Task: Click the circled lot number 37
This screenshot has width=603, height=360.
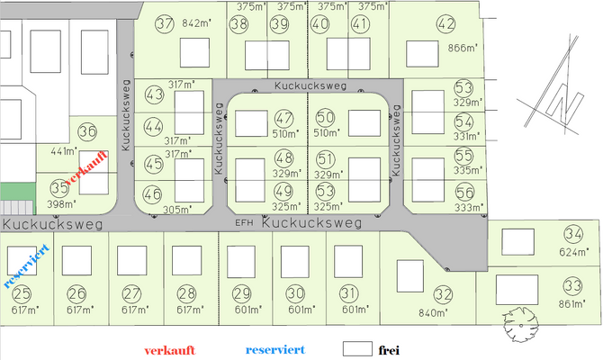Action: point(164,24)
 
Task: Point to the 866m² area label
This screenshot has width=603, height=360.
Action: point(463,49)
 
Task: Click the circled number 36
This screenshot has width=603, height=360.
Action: point(87,132)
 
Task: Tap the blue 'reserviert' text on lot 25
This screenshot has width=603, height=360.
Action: point(24,264)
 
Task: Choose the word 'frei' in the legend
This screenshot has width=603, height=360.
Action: point(389,349)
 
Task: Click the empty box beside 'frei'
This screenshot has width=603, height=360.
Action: point(357,348)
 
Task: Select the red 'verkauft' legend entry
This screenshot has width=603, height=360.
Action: point(174,349)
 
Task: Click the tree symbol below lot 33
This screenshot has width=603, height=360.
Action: point(521,323)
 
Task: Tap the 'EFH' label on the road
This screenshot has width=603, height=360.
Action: point(243,222)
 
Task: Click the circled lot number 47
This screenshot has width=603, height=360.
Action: point(284,118)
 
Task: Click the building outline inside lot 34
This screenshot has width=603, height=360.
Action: point(517,242)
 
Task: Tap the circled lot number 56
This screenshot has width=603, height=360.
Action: point(464,192)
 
